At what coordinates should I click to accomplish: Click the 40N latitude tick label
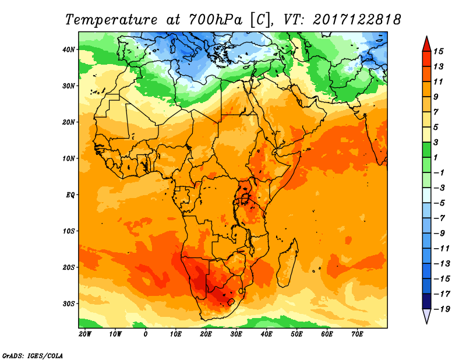click(69, 50)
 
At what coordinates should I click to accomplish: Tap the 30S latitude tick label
click(69, 303)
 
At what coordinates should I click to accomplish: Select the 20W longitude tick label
click(85, 334)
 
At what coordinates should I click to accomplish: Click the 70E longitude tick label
click(357, 334)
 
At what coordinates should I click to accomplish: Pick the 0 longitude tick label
click(146, 334)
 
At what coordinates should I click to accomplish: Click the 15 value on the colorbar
click(439, 51)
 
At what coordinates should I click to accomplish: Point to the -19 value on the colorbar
click(440, 309)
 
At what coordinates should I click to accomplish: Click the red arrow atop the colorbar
click(426, 43)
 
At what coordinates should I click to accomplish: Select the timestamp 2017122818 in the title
click(357, 19)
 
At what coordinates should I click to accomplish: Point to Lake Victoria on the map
click(245, 198)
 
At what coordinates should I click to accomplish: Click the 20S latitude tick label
click(69, 267)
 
